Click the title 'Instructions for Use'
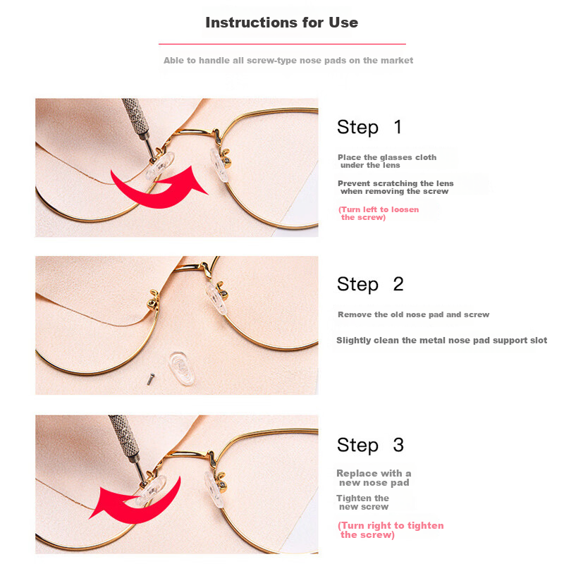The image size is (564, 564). point(281,23)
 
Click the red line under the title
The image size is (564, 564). point(282,44)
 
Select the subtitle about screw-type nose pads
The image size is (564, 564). point(288,61)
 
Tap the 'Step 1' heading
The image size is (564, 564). point(369,128)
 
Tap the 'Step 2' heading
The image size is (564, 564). point(369,284)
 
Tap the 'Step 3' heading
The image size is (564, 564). point(370,445)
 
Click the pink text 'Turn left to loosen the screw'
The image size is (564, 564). point(379,214)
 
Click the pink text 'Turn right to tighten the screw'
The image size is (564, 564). point(391,530)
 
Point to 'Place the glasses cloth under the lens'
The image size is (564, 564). point(386,161)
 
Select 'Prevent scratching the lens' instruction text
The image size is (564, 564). point(395,187)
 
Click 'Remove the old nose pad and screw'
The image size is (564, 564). point(413,314)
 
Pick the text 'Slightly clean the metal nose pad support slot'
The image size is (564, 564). point(441,341)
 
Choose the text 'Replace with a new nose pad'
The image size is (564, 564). point(374,478)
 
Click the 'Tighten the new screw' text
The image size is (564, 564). point(363,503)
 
